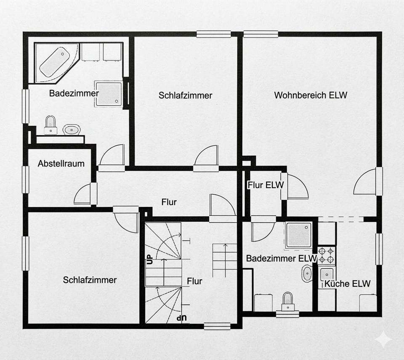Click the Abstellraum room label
point(61,164)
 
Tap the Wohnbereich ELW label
point(311,95)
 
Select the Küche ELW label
point(347,284)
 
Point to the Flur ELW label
point(266,185)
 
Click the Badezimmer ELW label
point(282,258)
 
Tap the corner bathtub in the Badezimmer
point(56,63)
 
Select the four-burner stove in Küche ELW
point(327,255)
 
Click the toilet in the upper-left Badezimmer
point(50,125)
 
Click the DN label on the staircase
point(182,318)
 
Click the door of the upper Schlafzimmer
point(206,155)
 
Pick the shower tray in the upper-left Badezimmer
point(109,94)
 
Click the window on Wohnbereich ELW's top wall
point(261,34)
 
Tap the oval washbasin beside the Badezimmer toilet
point(72,130)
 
